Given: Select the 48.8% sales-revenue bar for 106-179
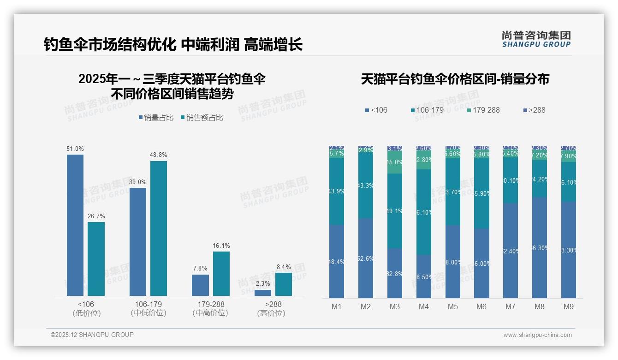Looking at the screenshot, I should pyautogui.click(x=159, y=228).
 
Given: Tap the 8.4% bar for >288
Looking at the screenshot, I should pyautogui.click(x=284, y=284).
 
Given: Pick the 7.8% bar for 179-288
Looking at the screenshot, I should pyautogui.click(x=200, y=285).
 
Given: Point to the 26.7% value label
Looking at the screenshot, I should pyautogui.click(x=96, y=216).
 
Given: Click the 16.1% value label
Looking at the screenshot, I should pyautogui.click(x=221, y=246).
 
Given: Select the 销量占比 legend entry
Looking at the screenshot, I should pyautogui.click(x=155, y=118).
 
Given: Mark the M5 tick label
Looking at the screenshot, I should pyautogui.click(x=452, y=307).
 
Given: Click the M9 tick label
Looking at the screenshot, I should pyautogui.click(x=568, y=307).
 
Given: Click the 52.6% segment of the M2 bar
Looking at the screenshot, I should pyautogui.click(x=366, y=258).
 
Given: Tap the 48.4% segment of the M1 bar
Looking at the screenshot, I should pyautogui.click(x=337, y=261).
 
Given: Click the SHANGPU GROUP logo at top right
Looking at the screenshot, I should pyautogui.click(x=536, y=39).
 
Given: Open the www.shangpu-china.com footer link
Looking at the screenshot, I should pyautogui.click(x=537, y=335).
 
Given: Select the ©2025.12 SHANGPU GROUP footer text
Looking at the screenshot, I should pyautogui.click(x=92, y=335).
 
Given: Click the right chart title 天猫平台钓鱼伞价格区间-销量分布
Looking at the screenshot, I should pyautogui.click(x=455, y=79).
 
